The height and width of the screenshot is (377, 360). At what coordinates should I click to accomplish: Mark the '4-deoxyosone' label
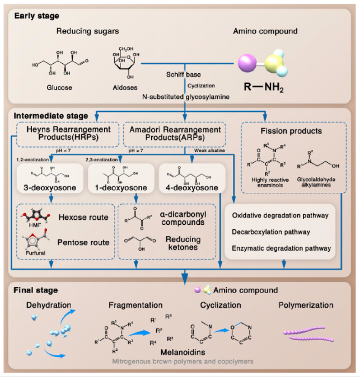pos(191,189)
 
